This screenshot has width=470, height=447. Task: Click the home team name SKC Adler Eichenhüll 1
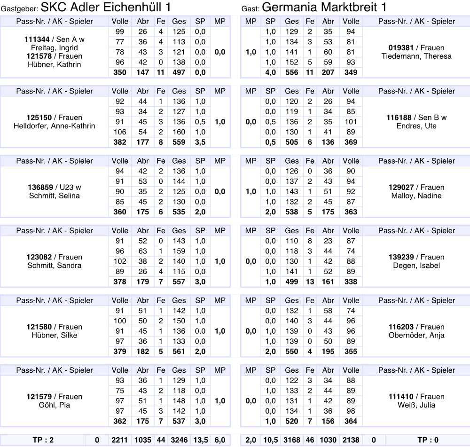pos(106,8)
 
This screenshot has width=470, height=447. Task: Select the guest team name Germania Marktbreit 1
pos(324,8)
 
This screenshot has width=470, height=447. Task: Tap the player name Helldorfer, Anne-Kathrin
pos(55,126)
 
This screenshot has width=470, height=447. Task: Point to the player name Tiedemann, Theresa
pos(416,56)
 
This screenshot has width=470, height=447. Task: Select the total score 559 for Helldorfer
pos(179,142)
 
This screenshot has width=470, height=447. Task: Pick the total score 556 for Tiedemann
pos(291,72)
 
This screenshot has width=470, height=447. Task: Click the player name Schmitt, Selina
pos(55,196)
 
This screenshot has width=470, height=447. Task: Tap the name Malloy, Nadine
pos(416,196)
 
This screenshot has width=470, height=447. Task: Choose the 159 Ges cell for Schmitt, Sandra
pos(179,251)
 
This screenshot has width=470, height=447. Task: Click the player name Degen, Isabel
pos(416,266)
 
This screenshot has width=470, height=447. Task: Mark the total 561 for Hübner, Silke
pos(179,352)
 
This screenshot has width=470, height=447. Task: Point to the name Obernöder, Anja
pos(416,335)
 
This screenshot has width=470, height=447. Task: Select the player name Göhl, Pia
pos(55,405)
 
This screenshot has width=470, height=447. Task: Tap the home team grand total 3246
pos(179,440)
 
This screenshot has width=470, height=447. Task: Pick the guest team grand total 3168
pos(291,440)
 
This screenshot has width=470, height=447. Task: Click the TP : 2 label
pos(43,440)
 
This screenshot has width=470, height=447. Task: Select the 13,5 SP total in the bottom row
pos(200,440)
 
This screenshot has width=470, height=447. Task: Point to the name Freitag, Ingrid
pos(55,48)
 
